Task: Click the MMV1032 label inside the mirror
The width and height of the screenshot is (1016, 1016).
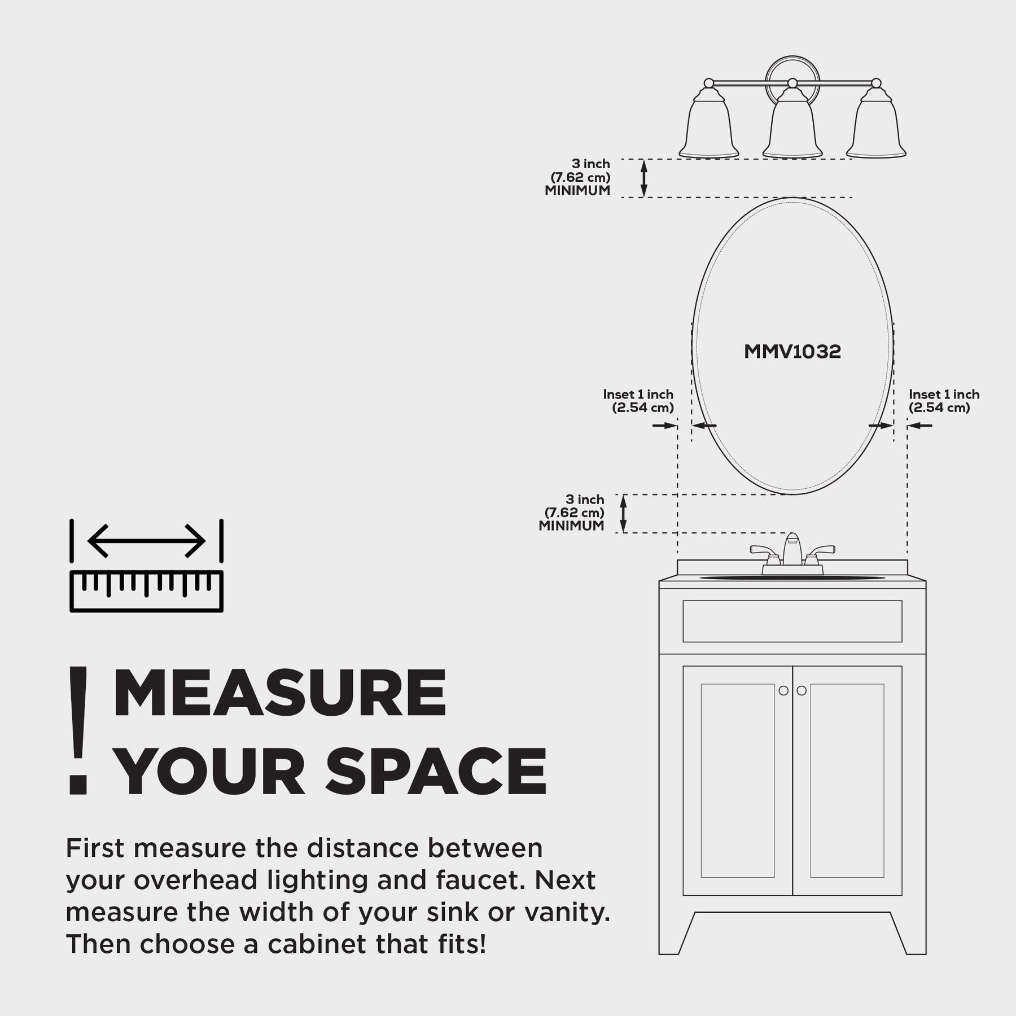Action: (792, 352)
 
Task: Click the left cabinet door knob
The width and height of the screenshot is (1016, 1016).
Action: (783, 690)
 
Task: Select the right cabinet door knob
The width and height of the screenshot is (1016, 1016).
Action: (802, 690)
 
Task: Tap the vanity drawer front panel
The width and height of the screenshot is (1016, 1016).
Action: (792, 621)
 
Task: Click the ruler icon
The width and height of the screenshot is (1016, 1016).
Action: (147, 592)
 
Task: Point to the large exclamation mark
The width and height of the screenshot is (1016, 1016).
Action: (78, 730)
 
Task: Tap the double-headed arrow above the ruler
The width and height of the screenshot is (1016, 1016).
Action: (147, 541)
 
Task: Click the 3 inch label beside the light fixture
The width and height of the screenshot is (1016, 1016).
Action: (591, 164)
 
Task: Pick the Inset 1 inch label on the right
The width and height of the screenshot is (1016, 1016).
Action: (944, 395)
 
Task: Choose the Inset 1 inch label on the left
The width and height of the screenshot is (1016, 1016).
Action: (638, 395)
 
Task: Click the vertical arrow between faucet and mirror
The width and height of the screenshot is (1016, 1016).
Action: (624, 514)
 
